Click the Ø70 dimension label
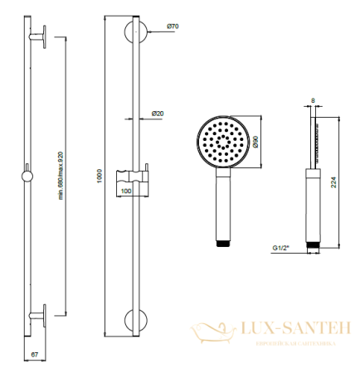click(x=173, y=27)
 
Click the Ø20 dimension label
click(x=158, y=113)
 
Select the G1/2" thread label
click(x=282, y=246)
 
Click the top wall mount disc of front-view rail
click(x=135, y=35)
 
